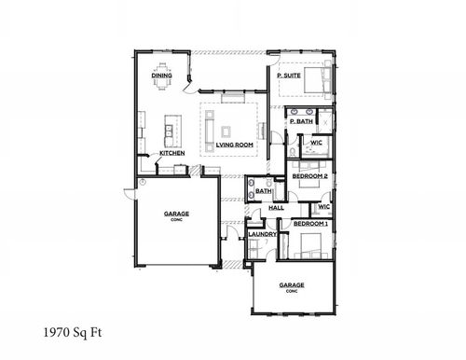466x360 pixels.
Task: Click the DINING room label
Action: tap(161, 75)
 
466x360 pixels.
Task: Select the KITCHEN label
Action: tap(172, 152)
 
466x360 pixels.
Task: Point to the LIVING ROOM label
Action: tap(235, 145)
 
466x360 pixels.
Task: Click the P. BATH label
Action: tap(301, 121)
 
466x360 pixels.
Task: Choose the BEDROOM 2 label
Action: tap(308, 175)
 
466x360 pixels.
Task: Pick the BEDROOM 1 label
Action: tap(309, 224)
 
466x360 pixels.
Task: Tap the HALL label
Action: tap(276, 207)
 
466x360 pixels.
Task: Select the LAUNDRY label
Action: tap(262, 234)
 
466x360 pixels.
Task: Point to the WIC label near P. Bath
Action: tap(317, 142)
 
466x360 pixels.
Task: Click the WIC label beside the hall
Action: tap(323, 206)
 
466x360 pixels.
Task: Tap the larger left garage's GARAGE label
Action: tap(176, 214)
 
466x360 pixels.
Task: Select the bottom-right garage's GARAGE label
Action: tap(292, 285)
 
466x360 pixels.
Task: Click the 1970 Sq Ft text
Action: tap(71, 331)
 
